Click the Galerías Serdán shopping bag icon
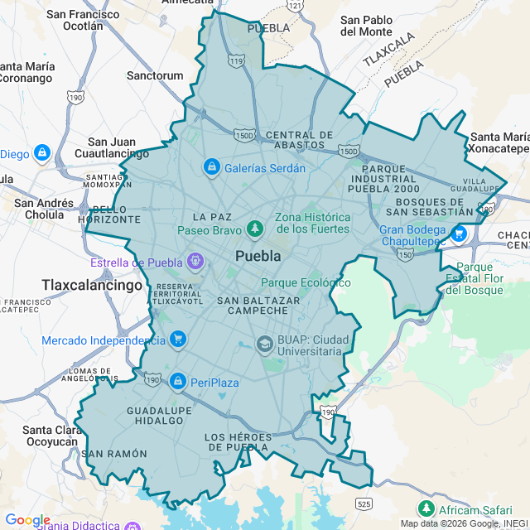pos(211,167)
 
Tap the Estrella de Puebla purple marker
pos(195,263)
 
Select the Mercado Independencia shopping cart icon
pos(177,340)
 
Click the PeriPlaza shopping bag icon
pos(176,381)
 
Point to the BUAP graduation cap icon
pos(264,344)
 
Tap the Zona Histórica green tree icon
pos(256,228)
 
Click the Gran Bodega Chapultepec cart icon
pos(459,234)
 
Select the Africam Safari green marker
pos(426,508)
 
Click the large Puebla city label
pos(258,256)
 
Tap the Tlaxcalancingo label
pos(93,285)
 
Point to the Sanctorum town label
pos(155,75)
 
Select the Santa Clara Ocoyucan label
pos(50,435)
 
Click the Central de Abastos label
pos(300,139)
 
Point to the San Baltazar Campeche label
pos(253,305)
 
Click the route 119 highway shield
pos(238,60)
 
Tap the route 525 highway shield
pos(364,503)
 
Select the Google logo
pos(27,520)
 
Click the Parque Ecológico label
pos(306,282)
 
